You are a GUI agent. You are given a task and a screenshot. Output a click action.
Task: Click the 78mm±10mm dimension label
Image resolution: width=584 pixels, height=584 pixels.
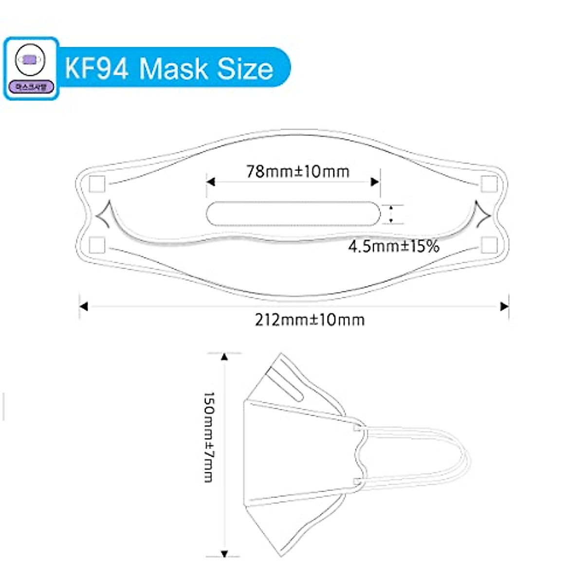tap(297, 171)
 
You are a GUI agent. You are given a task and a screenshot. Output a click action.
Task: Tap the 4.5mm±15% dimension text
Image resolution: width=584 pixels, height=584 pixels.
tap(393, 246)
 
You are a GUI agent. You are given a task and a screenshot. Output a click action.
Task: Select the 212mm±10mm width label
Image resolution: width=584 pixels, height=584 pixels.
tap(310, 320)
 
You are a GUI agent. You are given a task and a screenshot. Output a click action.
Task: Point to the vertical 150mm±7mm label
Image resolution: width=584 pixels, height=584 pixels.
tap(209, 437)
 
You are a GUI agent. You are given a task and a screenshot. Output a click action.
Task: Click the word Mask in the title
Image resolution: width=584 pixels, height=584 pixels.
tap(174, 68)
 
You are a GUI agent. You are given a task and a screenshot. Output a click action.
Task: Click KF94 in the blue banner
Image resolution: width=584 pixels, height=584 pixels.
tap(97, 68)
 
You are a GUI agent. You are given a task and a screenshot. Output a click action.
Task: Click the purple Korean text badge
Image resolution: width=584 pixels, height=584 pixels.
tap(31, 88)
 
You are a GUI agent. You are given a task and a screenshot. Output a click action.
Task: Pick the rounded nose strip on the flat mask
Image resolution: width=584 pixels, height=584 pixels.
tap(293, 214)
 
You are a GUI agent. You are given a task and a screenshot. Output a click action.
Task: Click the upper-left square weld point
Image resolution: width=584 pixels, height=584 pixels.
tap(97, 184)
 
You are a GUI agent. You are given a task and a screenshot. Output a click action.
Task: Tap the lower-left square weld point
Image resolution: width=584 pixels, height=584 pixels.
tap(97, 245)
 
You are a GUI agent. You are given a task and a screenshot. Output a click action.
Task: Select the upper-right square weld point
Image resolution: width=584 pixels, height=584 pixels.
tap(489, 184)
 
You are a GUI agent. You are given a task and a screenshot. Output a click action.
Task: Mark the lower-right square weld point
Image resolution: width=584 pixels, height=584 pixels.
tap(489, 245)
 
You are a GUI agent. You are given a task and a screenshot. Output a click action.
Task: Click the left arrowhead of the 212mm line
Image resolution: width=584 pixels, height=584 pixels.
tap(84, 307)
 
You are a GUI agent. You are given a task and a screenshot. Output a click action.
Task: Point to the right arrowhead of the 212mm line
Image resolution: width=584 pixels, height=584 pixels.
tap(505, 307)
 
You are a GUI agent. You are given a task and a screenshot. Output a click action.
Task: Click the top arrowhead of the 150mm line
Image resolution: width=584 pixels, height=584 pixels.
tap(224, 357)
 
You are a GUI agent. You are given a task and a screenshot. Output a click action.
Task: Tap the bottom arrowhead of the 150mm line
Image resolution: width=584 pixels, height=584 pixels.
tap(224, 553)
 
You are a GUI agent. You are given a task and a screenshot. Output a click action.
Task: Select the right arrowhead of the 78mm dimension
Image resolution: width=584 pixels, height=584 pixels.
tap(375, 182)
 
